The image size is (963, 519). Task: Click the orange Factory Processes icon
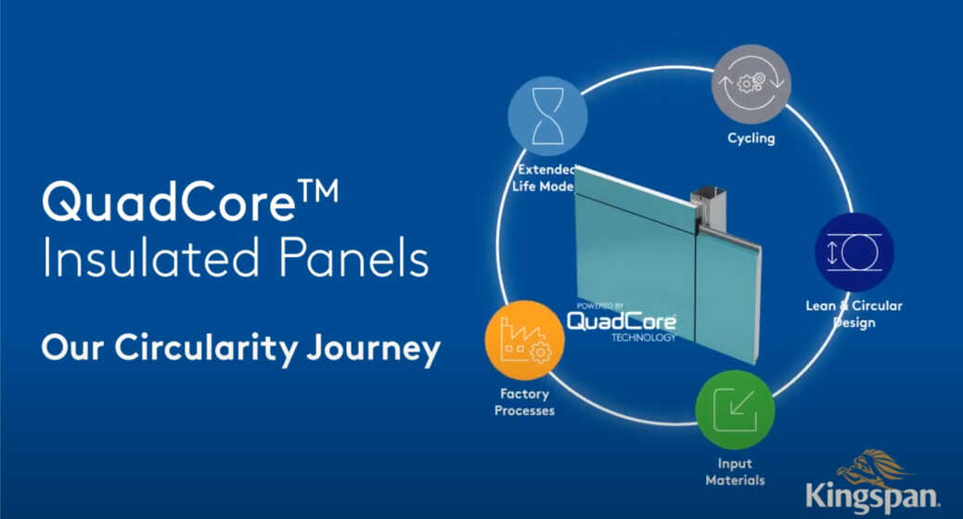pyautogui.click(x=523, y=340)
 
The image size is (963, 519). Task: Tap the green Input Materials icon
pyautogui.click(x=735, y=409)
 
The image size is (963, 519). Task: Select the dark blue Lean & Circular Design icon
pyautogui.click(x=854, y=253)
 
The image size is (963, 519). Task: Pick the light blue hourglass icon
pyautogui.click(x=547, y=116)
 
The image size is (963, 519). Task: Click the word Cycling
pyautogui.click(x=751, y=139)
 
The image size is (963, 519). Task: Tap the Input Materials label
pyautogui.click(x=735, y=472)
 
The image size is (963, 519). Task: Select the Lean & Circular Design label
pyautogui.click(x=854, y=314)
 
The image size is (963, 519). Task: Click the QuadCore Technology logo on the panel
pyautogui.click(x=621, y=323)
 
